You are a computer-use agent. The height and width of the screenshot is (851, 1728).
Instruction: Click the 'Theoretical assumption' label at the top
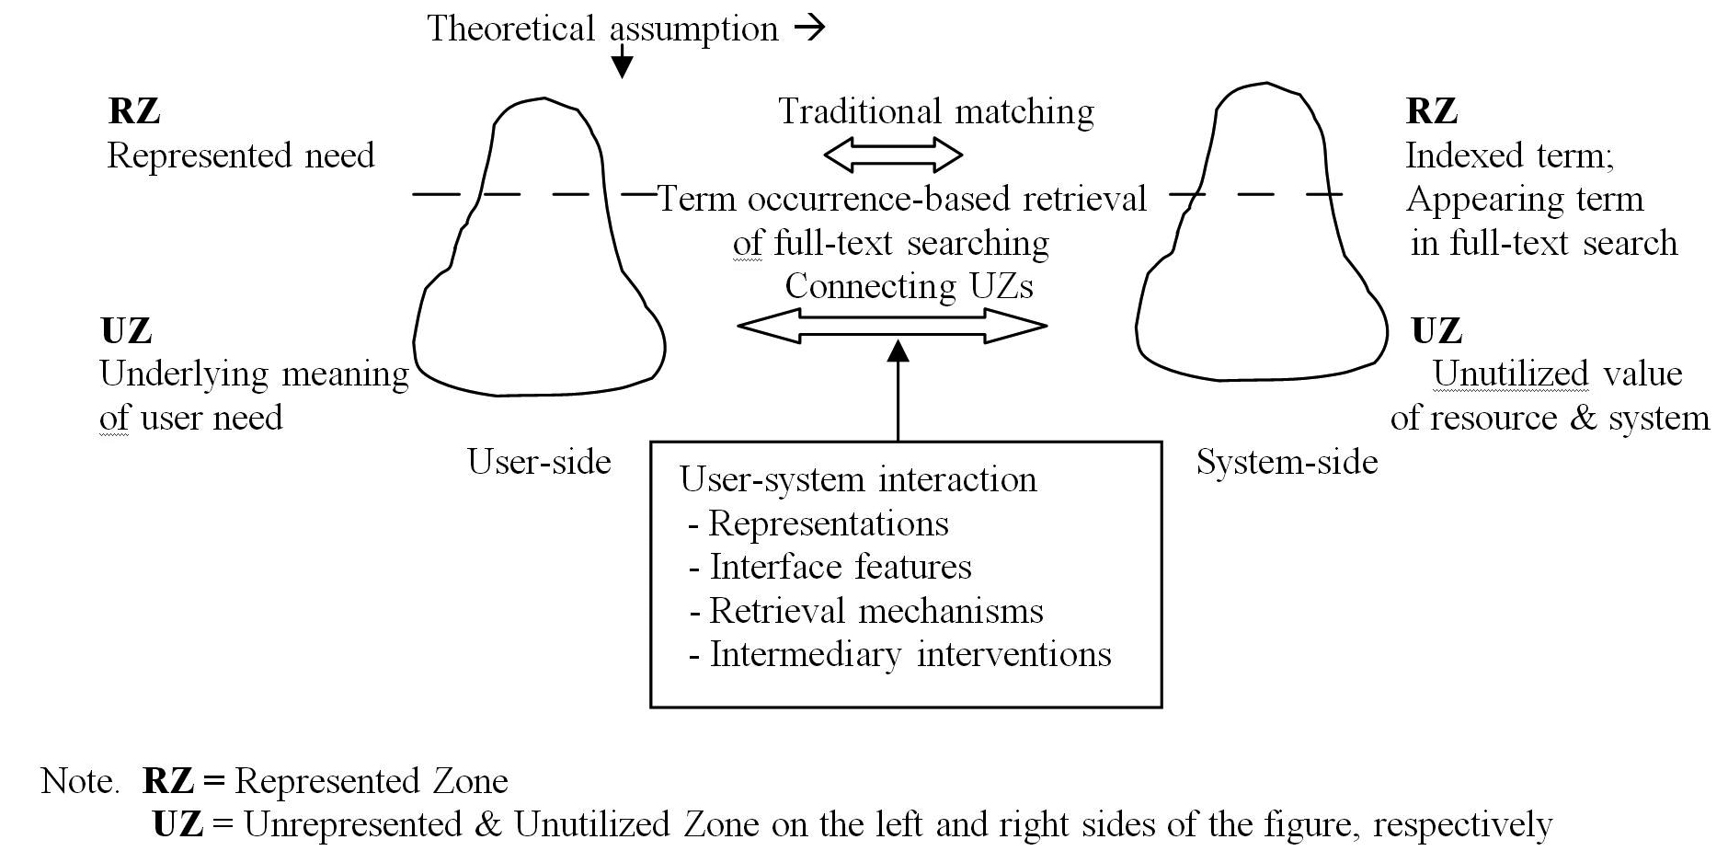602,29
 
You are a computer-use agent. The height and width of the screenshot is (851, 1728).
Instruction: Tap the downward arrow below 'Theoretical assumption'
623,62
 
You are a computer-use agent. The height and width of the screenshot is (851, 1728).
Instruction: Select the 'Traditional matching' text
936,111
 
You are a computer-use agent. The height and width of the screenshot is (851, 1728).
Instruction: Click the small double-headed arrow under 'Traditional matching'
893,155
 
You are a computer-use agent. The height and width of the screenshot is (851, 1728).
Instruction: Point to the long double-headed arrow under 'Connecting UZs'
892,326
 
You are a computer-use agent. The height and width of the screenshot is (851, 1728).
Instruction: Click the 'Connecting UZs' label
909,286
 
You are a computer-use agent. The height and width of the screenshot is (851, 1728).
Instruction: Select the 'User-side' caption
539,461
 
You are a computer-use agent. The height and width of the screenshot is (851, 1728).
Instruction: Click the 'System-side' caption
1287,461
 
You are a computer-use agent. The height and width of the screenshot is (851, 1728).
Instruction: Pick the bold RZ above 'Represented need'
134,111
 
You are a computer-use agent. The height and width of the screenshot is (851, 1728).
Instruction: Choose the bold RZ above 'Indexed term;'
1432,111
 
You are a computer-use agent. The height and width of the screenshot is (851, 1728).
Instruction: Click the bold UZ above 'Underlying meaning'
126,330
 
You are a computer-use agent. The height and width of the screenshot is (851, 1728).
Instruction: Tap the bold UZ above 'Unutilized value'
1436,330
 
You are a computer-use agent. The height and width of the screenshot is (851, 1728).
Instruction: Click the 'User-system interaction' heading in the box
858,479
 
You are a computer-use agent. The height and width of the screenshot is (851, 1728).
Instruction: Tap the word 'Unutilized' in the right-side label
1510,374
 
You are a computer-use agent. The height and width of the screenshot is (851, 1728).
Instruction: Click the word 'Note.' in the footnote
80,781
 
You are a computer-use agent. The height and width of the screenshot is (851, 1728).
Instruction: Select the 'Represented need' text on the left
241,155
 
